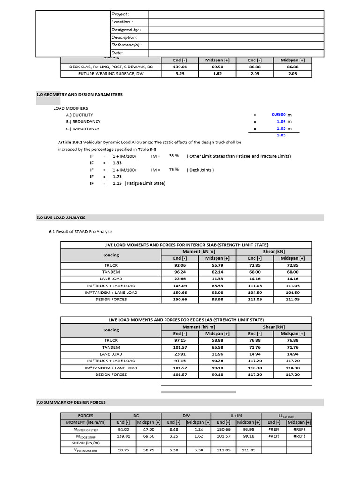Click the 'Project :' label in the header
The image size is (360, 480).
(x=120, y=15)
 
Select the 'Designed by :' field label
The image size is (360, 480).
(x=126, y=30)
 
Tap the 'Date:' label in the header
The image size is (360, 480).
(x=117, y=53)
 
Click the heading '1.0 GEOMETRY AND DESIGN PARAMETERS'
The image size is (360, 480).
(x=80, y=95)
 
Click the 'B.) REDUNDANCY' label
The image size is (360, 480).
(x=83, y=122)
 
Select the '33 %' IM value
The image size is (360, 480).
(x=174, y=156)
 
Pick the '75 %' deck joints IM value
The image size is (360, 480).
(x=174, y=170)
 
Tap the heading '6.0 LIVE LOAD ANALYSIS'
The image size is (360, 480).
(x=61, y=217)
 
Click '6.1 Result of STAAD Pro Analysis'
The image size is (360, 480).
(x=81, y=232)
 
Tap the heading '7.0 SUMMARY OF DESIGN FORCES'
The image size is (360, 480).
(x=71, y=402)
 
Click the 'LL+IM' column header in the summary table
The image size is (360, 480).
(x=237, y=415)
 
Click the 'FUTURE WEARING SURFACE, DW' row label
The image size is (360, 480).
(x=111, y=74)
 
